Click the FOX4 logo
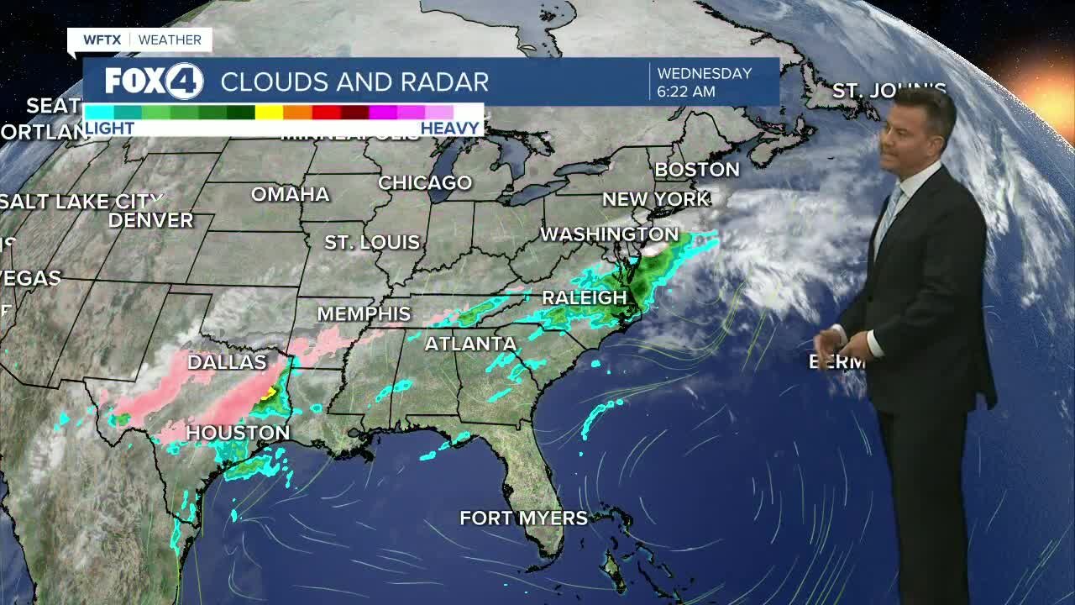point(155,82)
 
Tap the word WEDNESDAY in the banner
point(704,73)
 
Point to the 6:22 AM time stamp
point(686,91)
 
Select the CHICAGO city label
point(425,182)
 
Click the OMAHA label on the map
point(291,194)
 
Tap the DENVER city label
point(151,220)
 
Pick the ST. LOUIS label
point(372,242)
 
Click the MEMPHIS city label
point(364,314)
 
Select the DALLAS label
point(227,362)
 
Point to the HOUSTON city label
point(238,433)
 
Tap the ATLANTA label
point(470,344)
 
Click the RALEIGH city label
point(585,297)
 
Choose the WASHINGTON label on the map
point(610,234)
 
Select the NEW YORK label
point(656,200)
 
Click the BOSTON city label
point(697,170)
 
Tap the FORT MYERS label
point(524,518)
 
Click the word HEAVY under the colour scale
point(450,129)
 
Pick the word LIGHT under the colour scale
point(110,129)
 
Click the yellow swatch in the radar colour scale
point(269,112)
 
